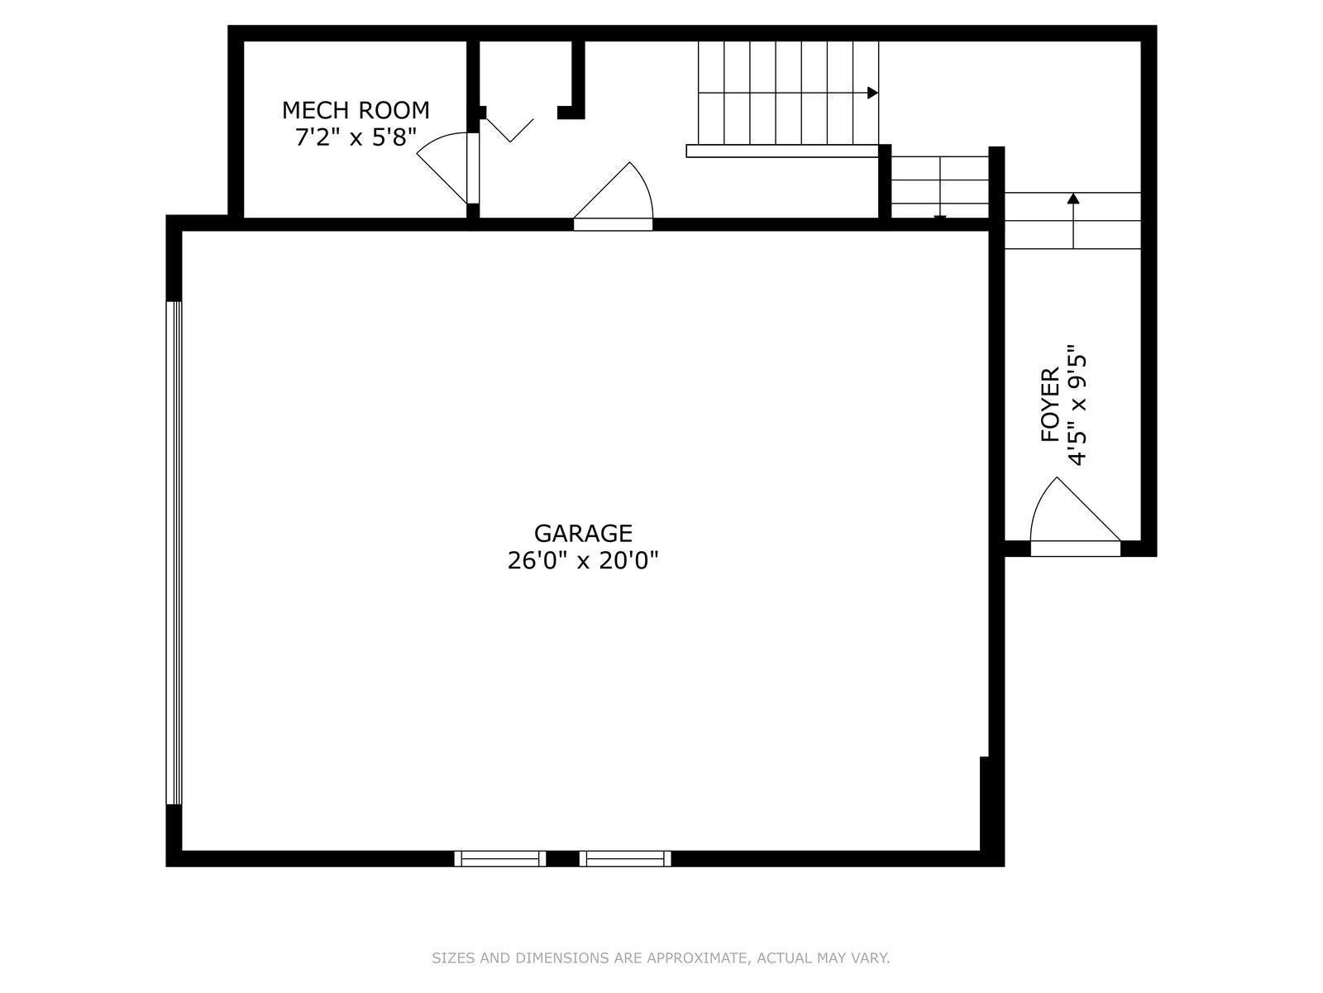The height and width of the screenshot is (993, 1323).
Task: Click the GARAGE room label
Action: click(x=583, y=533)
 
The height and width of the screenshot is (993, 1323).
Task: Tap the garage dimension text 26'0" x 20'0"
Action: click(x=583, y=561)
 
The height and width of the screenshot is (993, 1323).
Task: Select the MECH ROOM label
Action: click(x=356, y=110)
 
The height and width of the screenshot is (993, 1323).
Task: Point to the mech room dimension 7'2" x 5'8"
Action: click(x=356, y=137)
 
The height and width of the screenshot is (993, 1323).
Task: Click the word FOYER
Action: click(x=1050, y=405)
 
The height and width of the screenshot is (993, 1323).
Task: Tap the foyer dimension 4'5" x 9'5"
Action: click(x=1076, y=405)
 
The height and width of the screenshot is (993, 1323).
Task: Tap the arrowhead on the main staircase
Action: click(x=872, y=93)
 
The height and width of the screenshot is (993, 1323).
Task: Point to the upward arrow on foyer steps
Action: click(x=1073, y=199)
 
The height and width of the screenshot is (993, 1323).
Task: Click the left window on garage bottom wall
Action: click(x=500, y=858)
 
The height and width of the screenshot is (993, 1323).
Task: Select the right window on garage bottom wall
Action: click(x=625, y=858)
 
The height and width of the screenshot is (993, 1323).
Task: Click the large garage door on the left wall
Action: click(x=174, y=553)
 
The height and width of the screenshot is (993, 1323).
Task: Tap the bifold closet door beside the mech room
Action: click(x=509, y=129)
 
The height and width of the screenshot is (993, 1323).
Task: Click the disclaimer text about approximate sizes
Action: click(x=661, y=958)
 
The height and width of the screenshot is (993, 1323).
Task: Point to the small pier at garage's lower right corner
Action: click(x=984, y=803)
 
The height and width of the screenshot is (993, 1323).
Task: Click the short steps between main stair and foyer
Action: click(x=940, y=186)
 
